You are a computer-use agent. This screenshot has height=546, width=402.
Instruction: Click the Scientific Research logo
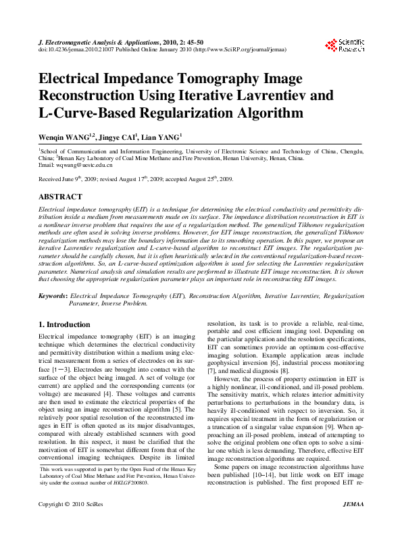click(345, 45)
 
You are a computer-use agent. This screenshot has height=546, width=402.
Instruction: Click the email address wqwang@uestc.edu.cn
click(76, 165)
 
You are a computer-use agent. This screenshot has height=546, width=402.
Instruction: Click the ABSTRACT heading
click(59, 197)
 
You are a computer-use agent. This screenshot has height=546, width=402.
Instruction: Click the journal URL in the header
click(238, 50)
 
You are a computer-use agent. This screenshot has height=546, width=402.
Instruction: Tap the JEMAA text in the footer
click(353, 523)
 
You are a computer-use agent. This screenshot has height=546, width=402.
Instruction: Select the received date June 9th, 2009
click(76, 179)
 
